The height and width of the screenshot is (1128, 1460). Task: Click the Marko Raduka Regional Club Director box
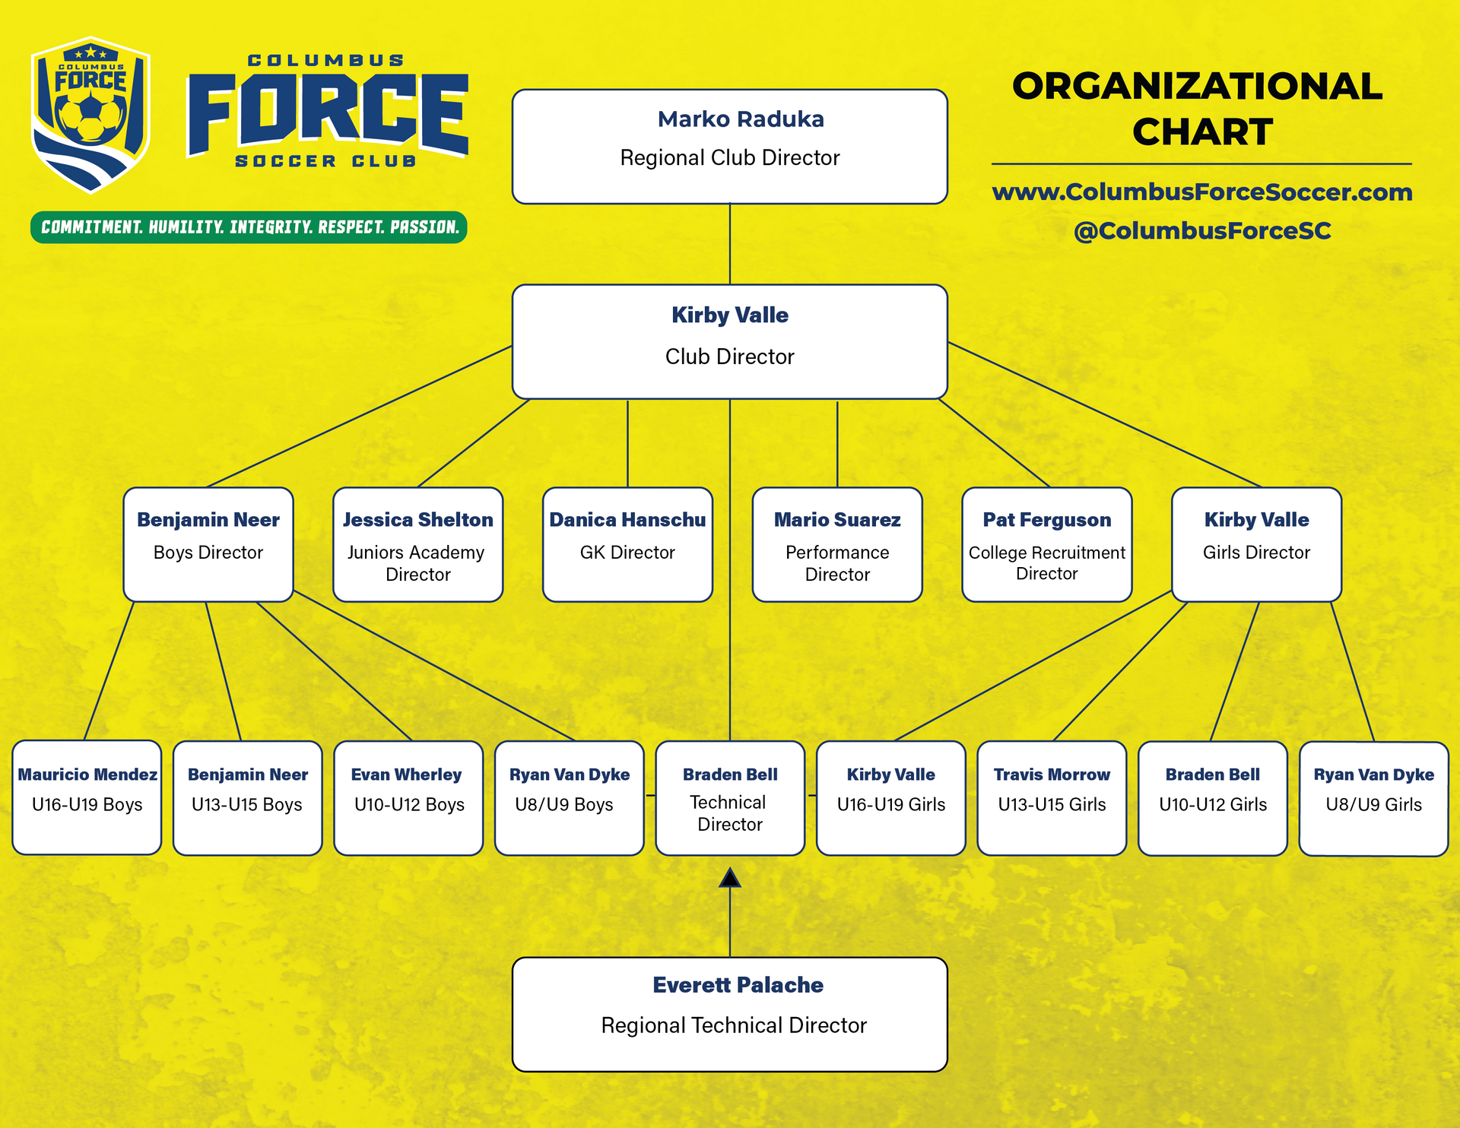point(730,147)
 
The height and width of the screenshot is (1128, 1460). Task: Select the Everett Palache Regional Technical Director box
point(730,1014)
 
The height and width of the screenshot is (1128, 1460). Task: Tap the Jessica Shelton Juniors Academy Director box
point(418,544)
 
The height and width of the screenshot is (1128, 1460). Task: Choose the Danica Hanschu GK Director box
point(627,544)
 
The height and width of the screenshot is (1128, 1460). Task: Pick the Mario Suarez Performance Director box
point(837,544)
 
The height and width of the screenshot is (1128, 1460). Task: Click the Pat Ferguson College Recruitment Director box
point(1047,544)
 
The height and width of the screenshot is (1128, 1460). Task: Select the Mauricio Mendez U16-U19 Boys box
point(87,797)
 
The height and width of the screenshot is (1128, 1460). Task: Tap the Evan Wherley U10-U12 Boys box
point(409,798)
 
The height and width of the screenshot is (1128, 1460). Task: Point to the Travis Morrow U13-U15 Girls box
point(1052,798)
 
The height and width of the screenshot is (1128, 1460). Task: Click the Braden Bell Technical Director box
point(730,798)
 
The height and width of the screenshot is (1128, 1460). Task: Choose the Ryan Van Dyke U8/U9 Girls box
point(1374,799)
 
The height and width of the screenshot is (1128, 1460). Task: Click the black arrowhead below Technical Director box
point(730,878)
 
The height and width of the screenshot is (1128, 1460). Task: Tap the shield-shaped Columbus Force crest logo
point(90,114)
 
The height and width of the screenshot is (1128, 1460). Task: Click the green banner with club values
point(249,227)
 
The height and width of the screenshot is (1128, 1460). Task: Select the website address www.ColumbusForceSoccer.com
point(1202,192)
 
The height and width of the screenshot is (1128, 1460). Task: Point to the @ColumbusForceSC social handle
point(1202,231)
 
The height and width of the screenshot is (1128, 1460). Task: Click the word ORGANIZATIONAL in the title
point(1198,86)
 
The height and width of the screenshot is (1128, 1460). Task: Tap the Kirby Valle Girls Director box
point(1257,544)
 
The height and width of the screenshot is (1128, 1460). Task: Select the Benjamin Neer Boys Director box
point(208,544)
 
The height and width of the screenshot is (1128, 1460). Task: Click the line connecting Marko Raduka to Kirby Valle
point(730,244)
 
